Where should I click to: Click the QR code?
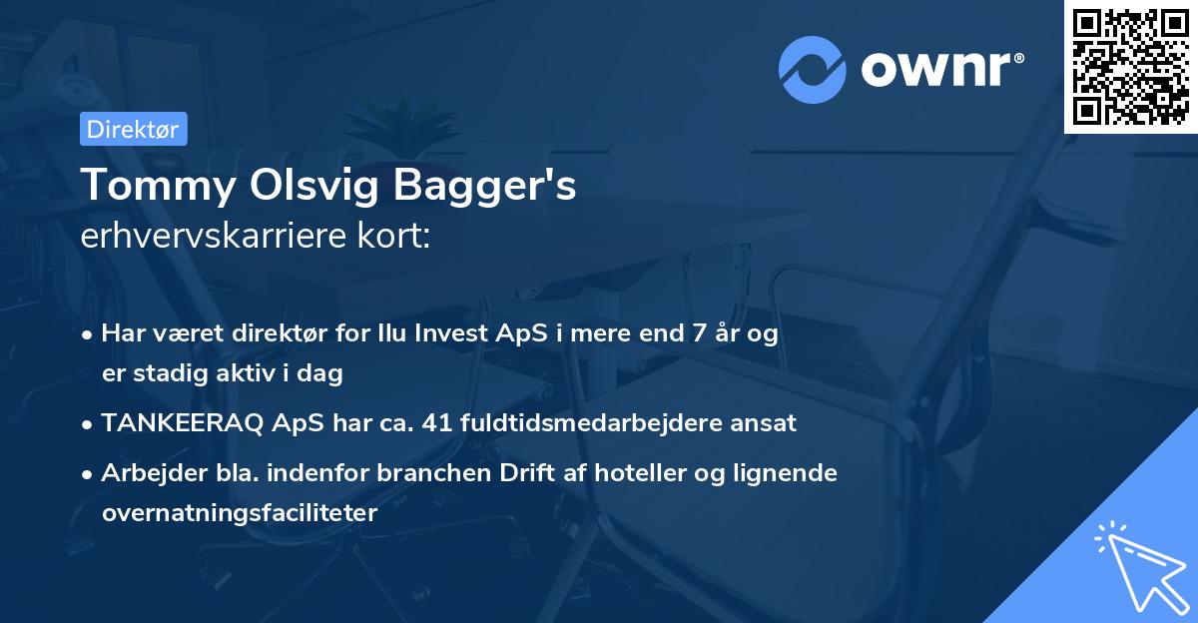tap(1130, 66)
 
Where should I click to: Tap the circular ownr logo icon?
tap(814, 69)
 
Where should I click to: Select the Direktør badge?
tap(133, 129)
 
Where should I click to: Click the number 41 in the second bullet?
tap(437, 423)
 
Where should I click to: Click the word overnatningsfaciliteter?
tap(239, 513)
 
